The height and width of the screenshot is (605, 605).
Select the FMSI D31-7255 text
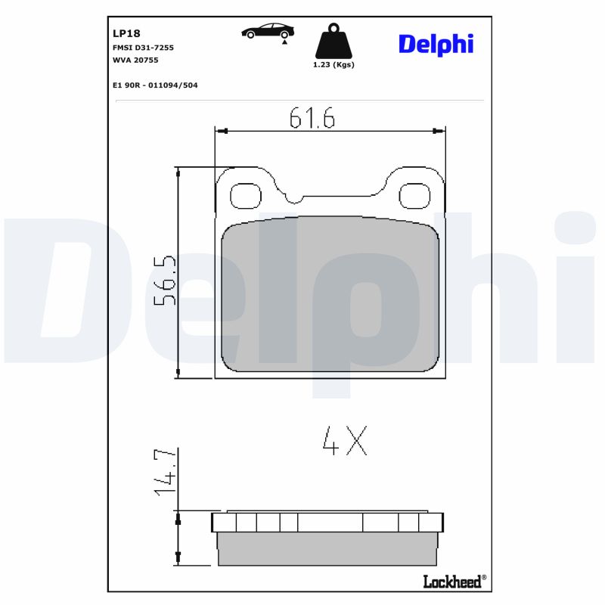[x=143, y=48]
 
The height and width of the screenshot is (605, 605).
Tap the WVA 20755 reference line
[x=136, y=60]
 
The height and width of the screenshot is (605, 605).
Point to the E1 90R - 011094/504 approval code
[x=154, y=85]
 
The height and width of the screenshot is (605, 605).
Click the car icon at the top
[x=268, y=31]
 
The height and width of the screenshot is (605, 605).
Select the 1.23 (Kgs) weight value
[x=334, y=65]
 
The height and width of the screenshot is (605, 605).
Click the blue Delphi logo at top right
[x=436, y=44]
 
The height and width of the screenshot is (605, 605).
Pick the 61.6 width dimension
[x=312, y=118]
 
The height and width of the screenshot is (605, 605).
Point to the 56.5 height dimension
[x=166, y=280]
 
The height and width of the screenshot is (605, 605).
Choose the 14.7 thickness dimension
[x=166, y=472]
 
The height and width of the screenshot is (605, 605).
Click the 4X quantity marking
[x=345, y=441]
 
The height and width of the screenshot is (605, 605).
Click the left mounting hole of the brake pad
[x=245, y=196]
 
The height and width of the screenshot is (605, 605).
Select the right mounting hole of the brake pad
[x=414, y=196]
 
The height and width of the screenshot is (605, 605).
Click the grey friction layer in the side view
[x=327, y=549]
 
